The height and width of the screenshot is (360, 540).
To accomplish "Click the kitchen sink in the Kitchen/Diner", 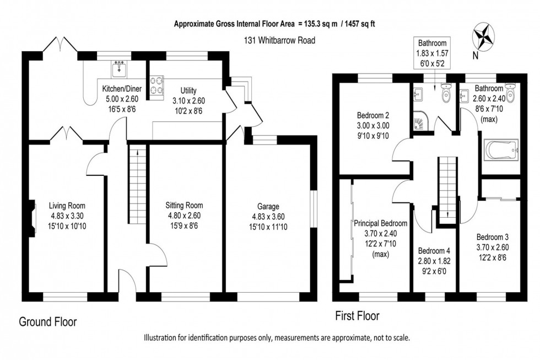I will click(x=119, y=69).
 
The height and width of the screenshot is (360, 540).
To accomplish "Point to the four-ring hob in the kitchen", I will click(x=157, y=86).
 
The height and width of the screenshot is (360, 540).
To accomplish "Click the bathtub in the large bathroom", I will click(x=501, y=149).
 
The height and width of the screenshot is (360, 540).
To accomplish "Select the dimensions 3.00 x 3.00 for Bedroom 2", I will click(x=372, y=126).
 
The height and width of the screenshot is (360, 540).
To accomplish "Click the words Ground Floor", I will click(x=48, y=322).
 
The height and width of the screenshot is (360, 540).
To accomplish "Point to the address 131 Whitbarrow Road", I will click(x=279, y=40).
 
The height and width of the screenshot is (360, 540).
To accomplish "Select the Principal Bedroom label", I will click(x=381, y=224).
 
